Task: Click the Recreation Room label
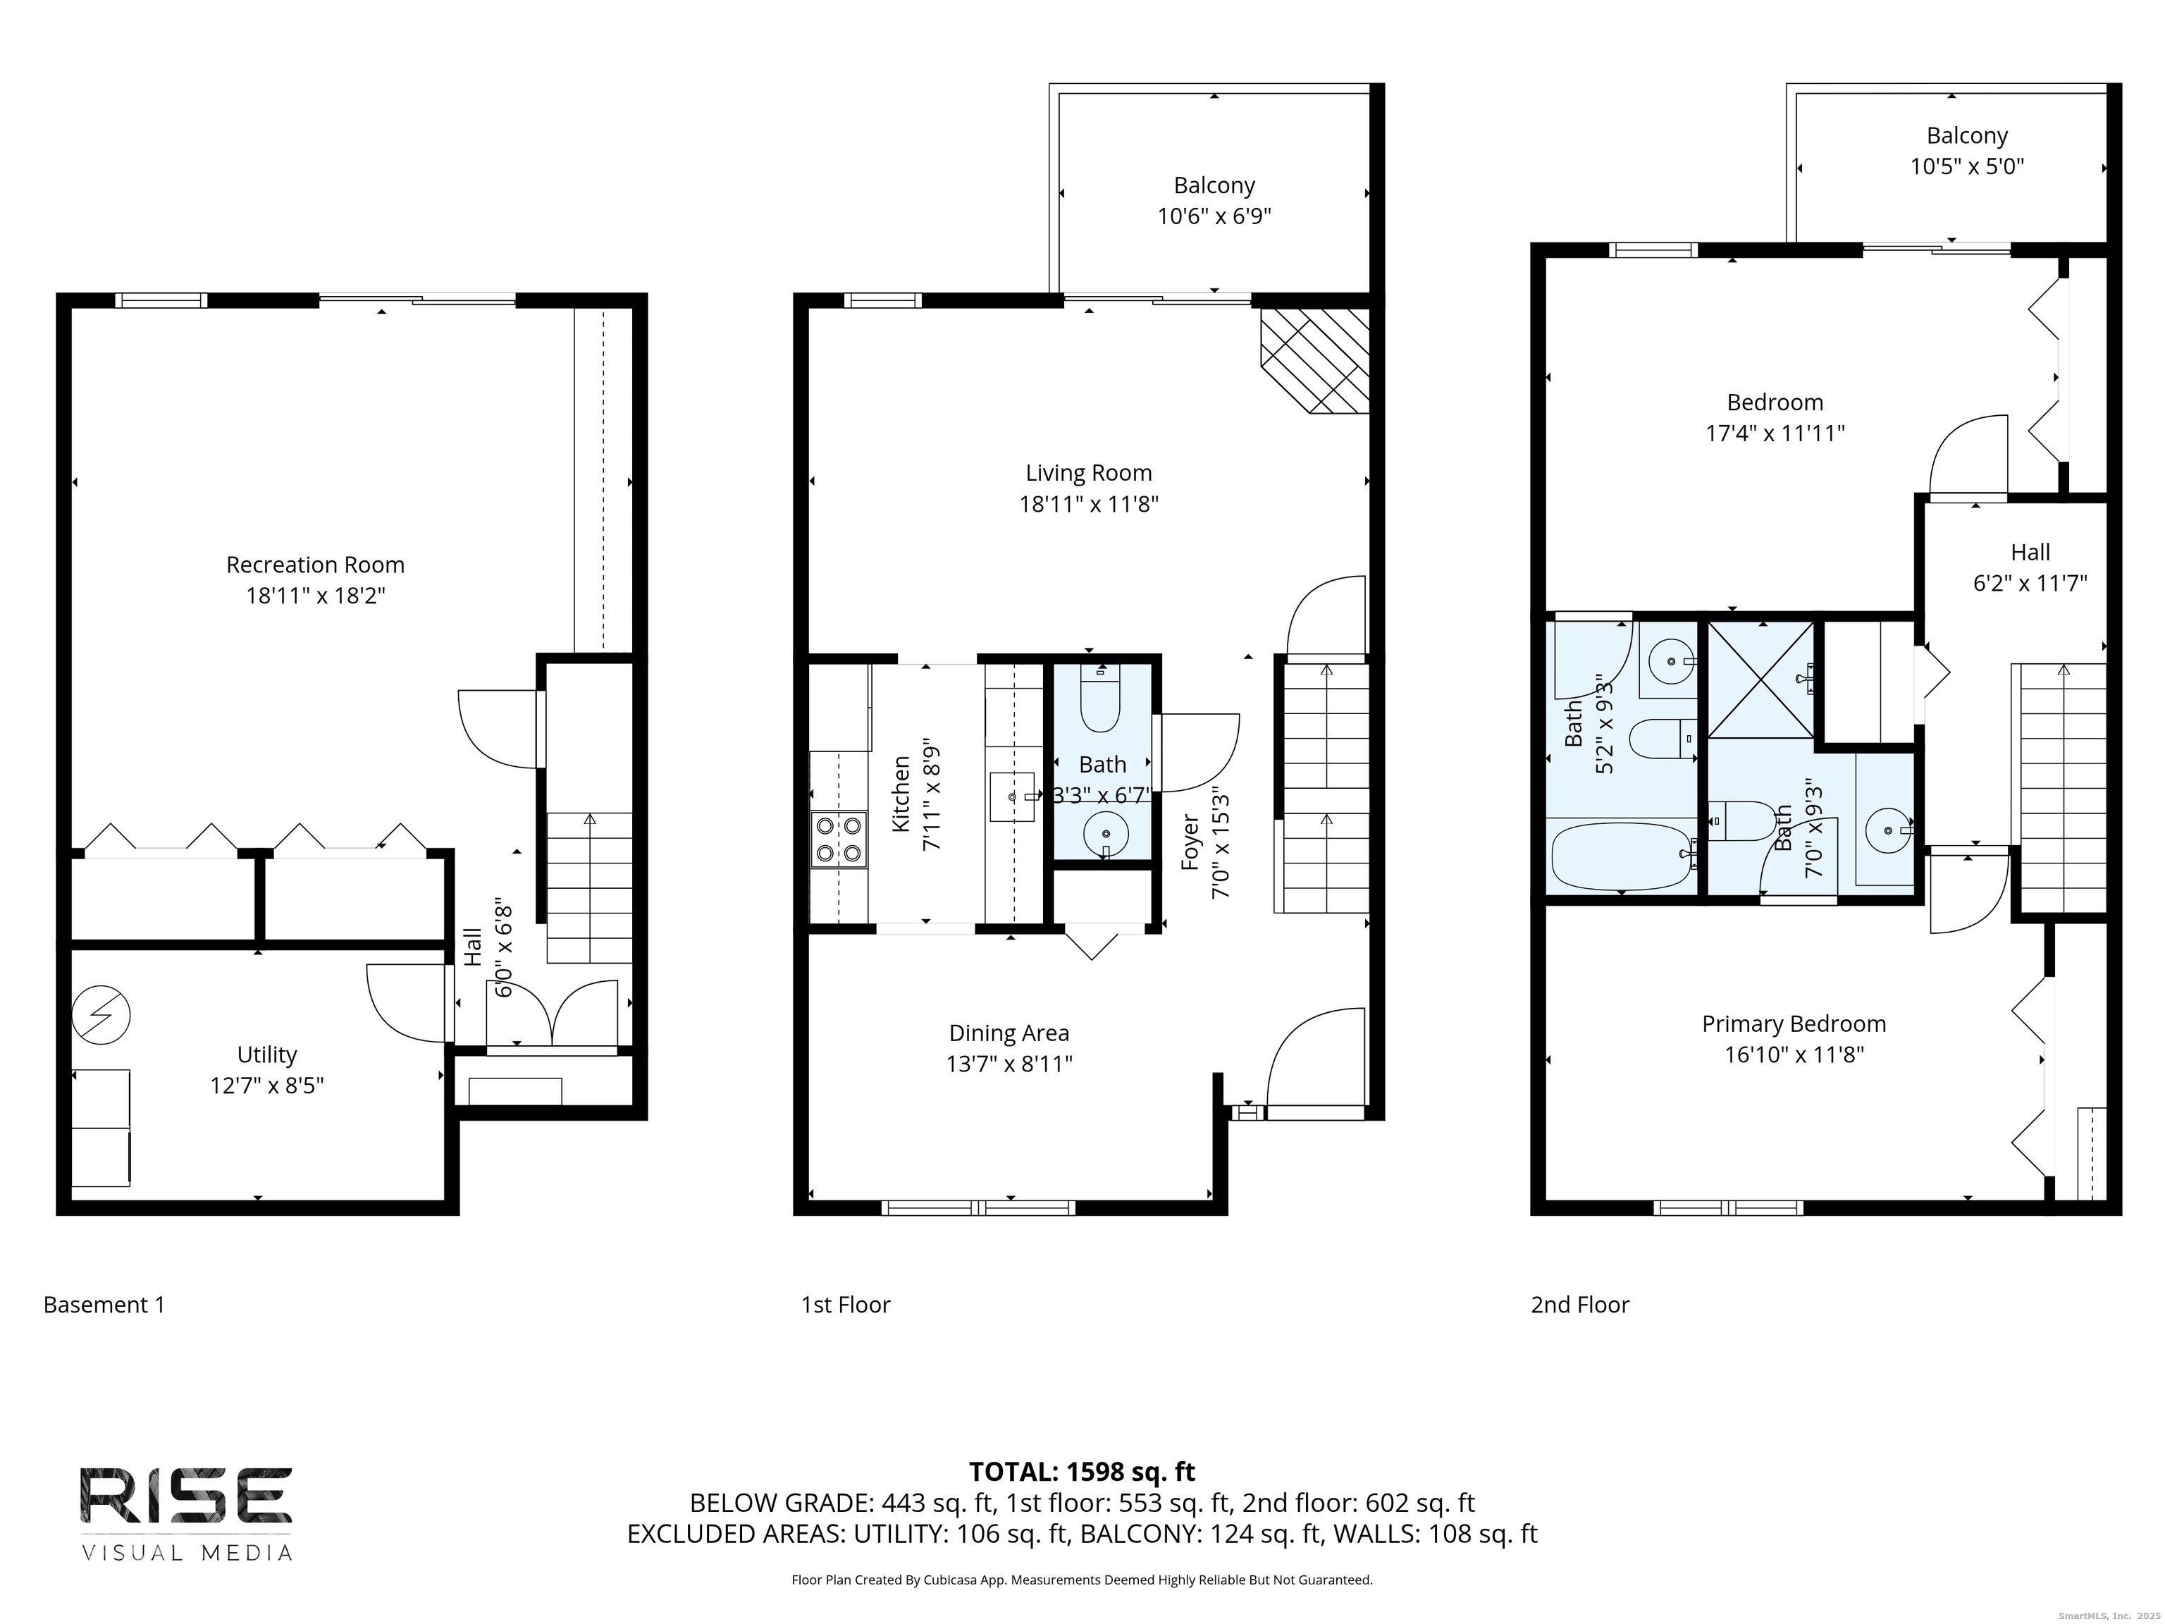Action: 314,565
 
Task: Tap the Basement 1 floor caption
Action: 104,1305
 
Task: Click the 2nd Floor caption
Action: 1580,1305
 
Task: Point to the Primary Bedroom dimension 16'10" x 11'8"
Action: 1794,1054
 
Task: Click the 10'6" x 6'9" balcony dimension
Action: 1214,216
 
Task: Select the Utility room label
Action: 266,1054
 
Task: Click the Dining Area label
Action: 1009,1033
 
